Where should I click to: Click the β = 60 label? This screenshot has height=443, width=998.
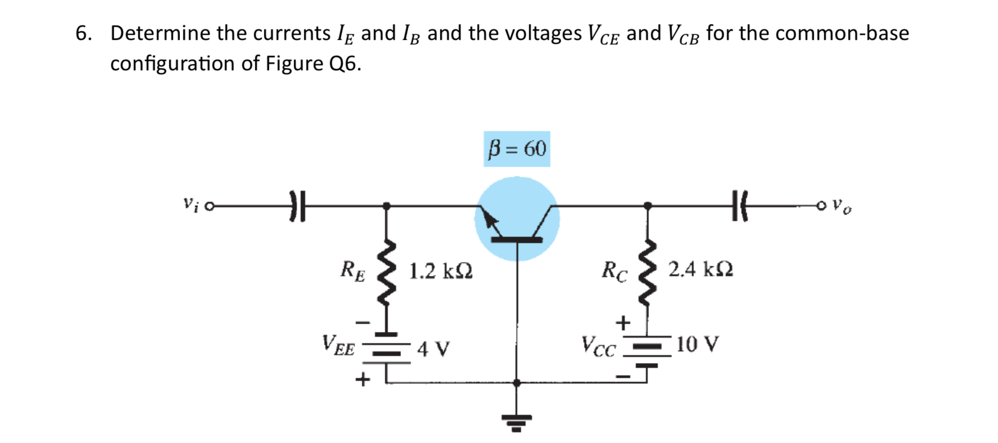(517, 149)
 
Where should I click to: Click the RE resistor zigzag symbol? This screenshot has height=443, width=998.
(386, 273)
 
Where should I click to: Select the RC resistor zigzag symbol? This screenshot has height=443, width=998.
(648, 273)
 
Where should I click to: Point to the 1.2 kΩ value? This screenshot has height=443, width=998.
(440, 272)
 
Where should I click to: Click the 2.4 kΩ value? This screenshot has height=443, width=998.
(701, 270)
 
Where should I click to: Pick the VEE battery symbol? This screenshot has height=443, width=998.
(386, 349)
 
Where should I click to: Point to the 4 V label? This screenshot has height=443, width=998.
(433, 349)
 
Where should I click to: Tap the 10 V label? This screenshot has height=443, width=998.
(697, 344)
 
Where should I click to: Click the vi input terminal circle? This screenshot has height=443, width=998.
(210, 207)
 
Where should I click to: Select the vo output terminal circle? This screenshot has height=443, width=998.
(821, 206)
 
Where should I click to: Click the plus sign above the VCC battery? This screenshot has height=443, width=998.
(622, 323)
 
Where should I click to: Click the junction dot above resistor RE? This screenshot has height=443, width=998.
(386, 206)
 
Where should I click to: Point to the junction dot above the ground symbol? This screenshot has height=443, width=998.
(517, 383)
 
